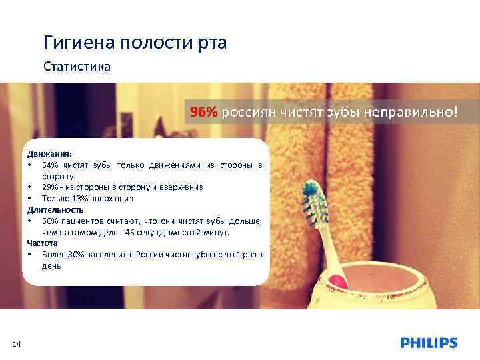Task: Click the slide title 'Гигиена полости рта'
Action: pos(135,43)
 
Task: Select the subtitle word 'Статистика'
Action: pos(77,67)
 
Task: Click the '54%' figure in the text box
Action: pos(51,165)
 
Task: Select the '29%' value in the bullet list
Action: pos(51,187)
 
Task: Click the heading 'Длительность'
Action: pos(55,209)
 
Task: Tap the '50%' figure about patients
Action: pos(51,221)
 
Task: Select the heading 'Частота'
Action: pos(42,243)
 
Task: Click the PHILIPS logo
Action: pos(429,343)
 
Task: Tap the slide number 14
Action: pos(17,343)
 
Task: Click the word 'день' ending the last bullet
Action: pos(51,265)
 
